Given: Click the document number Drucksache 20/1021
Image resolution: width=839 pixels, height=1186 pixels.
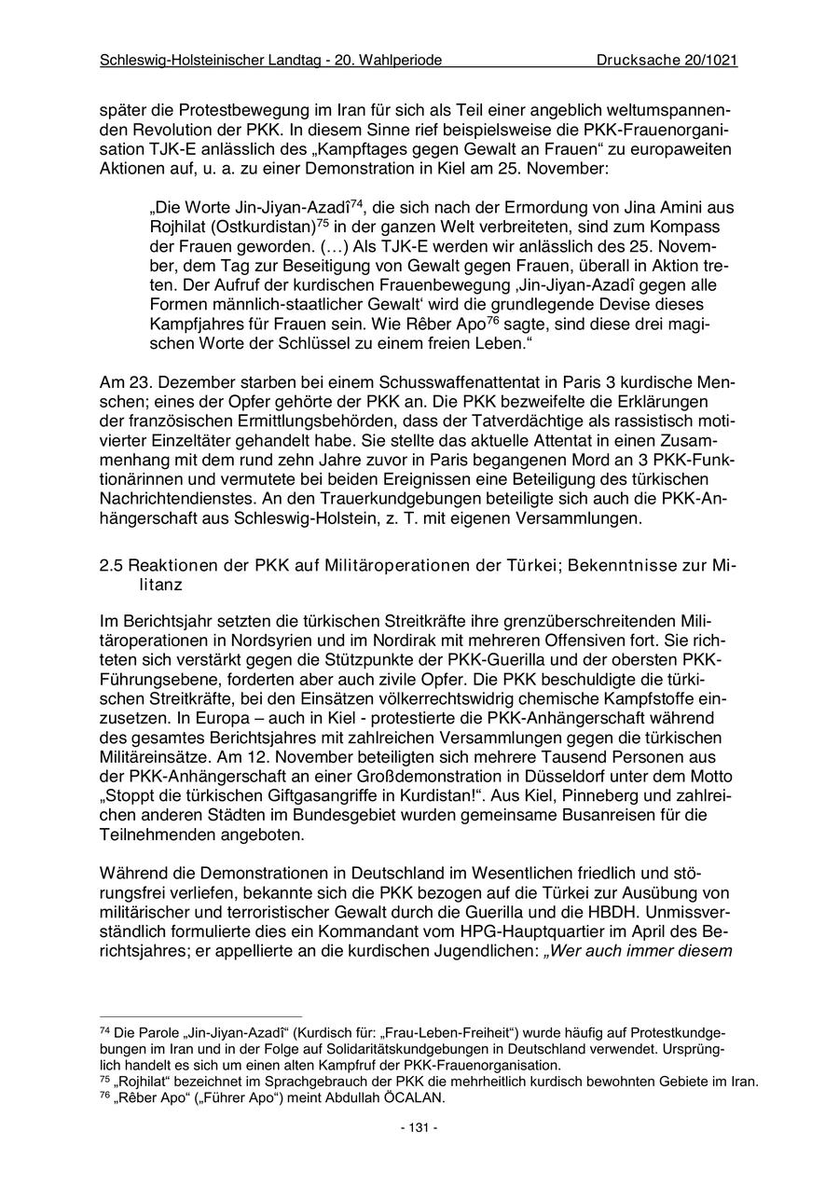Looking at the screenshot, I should coord(667,61).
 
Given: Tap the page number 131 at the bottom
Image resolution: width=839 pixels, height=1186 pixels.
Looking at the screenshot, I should coord(419,1127).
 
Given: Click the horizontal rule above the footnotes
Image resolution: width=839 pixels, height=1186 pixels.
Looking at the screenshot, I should coord(200,1017).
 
